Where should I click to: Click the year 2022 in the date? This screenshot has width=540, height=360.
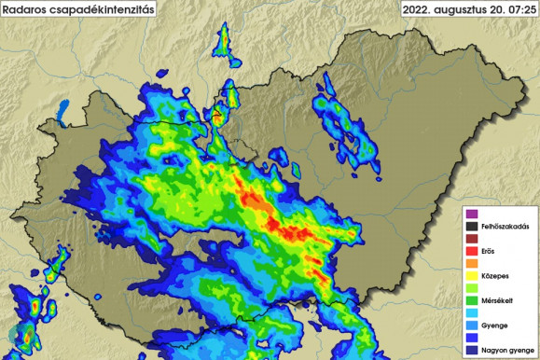(417, 10)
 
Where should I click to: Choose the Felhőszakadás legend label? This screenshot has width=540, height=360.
(499, 226)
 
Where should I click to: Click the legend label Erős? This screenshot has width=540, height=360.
(488, 251)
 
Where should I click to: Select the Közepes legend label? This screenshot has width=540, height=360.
(494, 276)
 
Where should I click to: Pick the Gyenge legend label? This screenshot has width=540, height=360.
(493, 325)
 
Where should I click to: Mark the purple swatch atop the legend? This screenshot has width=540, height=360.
(472, 214)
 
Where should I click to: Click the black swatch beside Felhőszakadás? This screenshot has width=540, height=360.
(472, 226)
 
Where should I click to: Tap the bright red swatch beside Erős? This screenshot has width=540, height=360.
(472, 251)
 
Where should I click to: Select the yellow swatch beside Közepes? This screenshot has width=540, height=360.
(472, 276)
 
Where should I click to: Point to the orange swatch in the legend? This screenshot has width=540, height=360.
(472, 263)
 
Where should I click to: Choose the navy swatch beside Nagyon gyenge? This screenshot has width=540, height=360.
(472, 350)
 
